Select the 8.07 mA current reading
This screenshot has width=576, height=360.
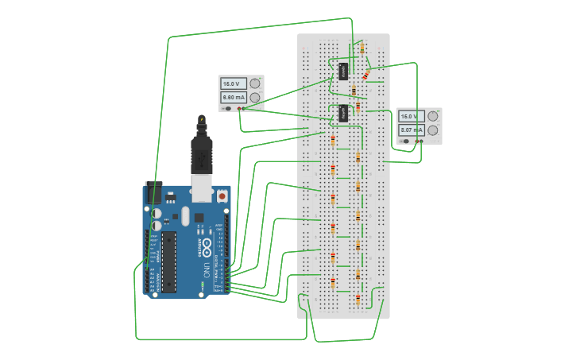point(412,130)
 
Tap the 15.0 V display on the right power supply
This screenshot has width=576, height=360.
point(412,115)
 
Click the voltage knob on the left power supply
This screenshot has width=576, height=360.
point(255,83)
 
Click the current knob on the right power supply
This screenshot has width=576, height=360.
point(433,130)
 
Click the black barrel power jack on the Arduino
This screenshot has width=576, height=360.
point(153,192)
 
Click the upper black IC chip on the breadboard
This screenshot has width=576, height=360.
point(343,71)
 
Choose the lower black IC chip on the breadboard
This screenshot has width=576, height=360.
point(343,113)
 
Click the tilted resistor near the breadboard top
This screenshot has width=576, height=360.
point(366,75)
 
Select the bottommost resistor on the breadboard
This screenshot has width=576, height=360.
point(358,300)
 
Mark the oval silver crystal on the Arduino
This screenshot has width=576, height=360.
point(184,215)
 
